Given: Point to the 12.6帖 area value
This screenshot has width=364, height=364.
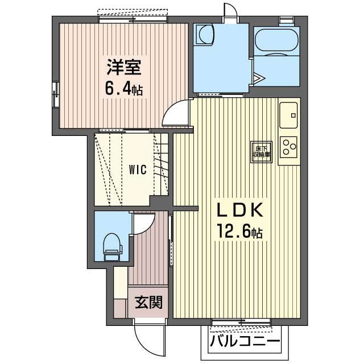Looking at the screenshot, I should tap(238, 233).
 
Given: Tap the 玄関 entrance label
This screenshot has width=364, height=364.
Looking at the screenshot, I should tap(148, 301).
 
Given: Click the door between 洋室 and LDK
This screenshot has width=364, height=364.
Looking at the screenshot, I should tap(175, 114).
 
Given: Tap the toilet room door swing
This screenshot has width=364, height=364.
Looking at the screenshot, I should tap(140, 225).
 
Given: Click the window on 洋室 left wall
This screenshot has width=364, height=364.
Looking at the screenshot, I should tap(56, 94).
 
